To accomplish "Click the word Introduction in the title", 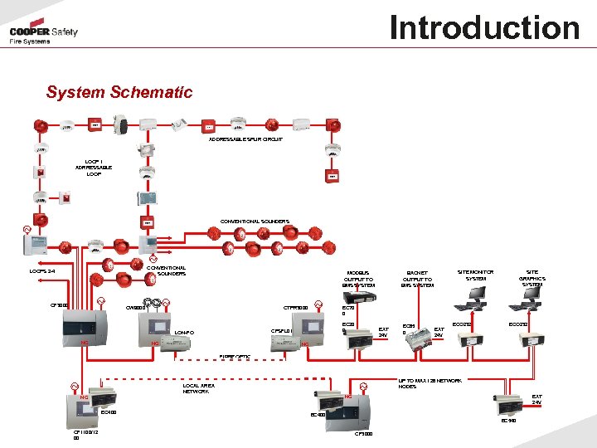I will click(484, 28).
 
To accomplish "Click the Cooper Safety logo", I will click(44, 35).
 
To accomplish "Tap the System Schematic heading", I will click(119, 92).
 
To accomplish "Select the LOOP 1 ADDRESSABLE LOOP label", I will click(94, 168).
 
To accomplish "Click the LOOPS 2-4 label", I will click(42, 270).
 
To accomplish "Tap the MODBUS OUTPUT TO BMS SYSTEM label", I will click(359, 279).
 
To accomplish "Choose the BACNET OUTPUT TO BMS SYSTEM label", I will click(417, 279).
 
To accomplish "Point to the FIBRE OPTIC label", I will click(235, 357).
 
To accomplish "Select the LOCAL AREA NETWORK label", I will click(199, 388).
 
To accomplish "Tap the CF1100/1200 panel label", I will click(86, 436).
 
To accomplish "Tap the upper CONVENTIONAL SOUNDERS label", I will click(255, 222).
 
